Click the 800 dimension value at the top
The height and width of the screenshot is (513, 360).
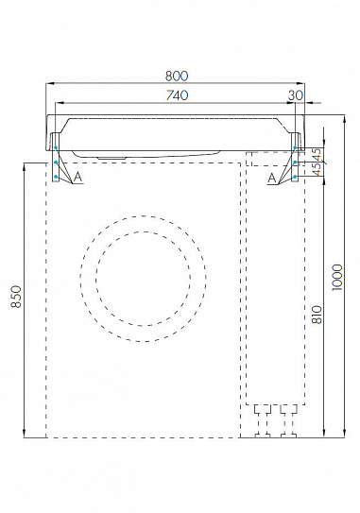pos(176,76)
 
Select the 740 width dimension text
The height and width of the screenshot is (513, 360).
pos(176,94)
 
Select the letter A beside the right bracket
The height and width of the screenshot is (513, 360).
pos(272,177)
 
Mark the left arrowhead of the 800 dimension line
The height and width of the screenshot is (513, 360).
pos(49,84)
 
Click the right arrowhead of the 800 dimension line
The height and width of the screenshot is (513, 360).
pos(303,84)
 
